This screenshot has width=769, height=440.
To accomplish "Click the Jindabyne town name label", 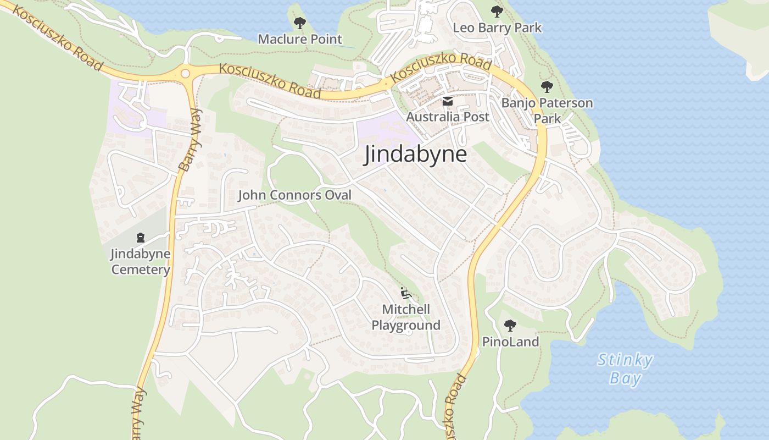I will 416,155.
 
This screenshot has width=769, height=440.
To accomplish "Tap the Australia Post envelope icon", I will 447,101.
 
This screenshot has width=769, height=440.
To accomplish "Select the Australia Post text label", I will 447,117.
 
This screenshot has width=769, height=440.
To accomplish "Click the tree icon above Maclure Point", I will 299,23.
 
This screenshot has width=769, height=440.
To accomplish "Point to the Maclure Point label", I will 300,39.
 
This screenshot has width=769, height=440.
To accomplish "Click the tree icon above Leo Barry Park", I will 497,11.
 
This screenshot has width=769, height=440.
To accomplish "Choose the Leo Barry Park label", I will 497,28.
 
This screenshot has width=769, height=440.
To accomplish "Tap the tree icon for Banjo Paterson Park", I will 547,86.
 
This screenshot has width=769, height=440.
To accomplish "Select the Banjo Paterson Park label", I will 547,110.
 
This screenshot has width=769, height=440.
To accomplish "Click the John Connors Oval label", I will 294,195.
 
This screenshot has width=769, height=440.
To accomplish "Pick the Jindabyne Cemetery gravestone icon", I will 141,238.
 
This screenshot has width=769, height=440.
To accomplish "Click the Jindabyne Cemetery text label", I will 141,262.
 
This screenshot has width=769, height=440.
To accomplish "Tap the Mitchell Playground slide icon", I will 406,294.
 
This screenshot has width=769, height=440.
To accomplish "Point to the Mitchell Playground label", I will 406,317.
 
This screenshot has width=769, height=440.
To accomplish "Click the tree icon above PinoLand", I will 510,325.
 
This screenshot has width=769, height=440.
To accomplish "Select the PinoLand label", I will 510,342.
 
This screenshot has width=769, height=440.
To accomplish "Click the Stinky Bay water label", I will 625,369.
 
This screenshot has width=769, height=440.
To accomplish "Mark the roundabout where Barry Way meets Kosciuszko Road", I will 185,73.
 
